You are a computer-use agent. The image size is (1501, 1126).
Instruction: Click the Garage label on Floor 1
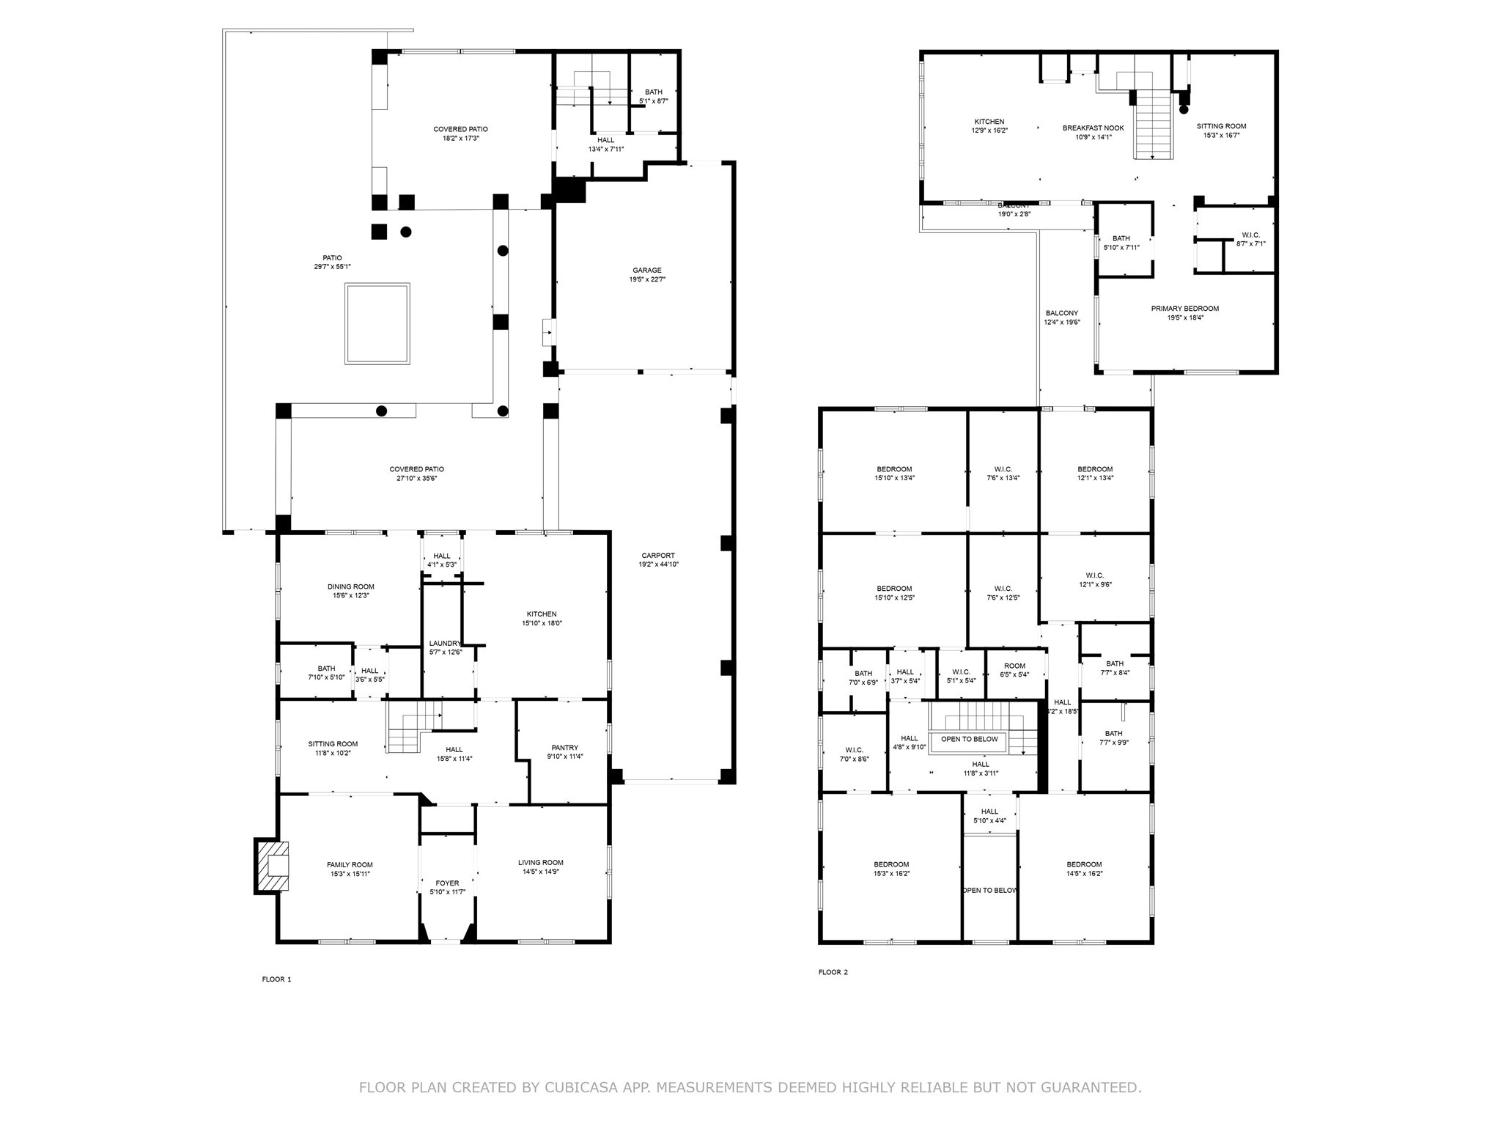click(647, 271)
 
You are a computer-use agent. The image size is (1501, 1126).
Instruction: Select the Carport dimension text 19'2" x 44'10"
click(658, 564)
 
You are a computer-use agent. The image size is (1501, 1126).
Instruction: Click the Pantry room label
click(564, 748)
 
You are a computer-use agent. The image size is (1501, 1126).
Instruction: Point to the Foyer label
click(447, 883)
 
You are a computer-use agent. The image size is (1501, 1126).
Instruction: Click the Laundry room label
click(445, 644)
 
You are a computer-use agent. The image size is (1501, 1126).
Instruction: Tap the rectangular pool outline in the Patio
click(377, 323)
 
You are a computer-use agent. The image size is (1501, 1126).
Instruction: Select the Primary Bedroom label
click(1184, 309)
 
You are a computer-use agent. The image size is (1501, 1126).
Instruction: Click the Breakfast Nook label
click(1093, 128)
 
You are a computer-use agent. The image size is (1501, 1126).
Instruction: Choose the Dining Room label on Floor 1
click(350, 586)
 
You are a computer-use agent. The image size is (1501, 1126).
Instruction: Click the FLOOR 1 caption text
click(276, 979)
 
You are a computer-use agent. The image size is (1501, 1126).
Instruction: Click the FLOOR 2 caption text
click(833, 973)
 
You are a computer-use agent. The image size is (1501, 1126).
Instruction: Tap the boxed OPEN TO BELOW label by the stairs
click(969, 739)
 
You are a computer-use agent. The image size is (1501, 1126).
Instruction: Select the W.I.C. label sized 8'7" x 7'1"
click(1250, 235)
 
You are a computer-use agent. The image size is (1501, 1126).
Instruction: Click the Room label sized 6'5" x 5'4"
click(1014, 666)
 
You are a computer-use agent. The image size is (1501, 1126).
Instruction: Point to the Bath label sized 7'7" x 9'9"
click(1113, 734)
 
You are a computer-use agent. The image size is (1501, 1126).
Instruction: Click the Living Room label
click(540, 863)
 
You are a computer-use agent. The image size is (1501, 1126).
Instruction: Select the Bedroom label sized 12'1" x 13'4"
click(1095, 469)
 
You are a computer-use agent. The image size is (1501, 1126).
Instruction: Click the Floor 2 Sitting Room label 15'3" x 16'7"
click(1221, 126)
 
